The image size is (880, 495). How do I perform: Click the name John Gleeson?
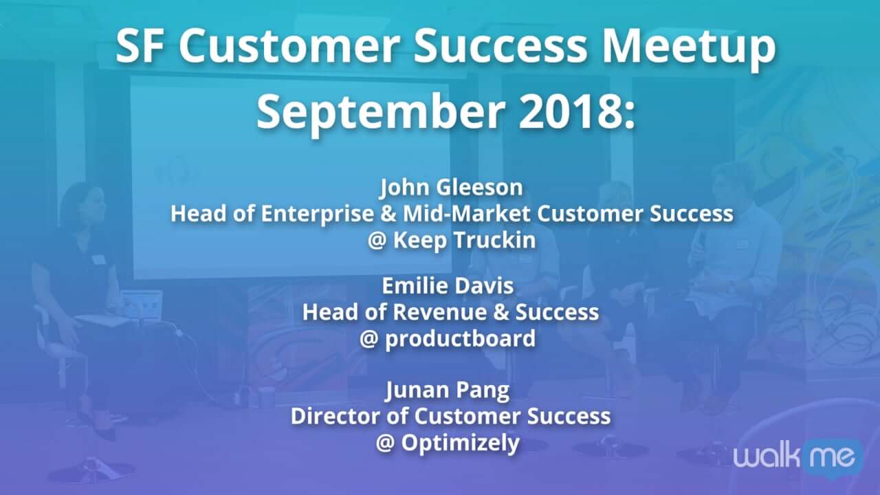(451, 187)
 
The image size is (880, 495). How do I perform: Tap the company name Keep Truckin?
(464, 240)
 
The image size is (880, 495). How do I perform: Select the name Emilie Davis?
(448, 285)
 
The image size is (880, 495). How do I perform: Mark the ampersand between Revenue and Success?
(500, 312)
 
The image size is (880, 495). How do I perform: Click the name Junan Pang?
(447, 390)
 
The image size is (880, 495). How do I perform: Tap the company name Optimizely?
(460, 443)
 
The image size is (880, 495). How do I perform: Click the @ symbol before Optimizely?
(385, 443)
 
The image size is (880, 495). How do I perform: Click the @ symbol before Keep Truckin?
(377, 241)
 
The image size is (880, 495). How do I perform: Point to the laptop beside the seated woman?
(141, 304)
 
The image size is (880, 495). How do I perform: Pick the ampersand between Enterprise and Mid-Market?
(388, 214)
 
